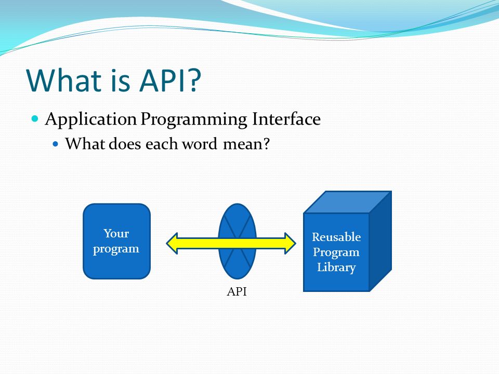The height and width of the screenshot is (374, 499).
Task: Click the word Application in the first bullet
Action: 91,119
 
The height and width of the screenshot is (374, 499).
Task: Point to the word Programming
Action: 194,120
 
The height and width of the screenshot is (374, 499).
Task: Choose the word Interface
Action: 286,119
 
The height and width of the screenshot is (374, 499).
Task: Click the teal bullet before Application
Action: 35,119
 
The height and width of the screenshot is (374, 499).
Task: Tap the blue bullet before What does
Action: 56,144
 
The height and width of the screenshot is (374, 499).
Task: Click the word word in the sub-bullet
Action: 200,144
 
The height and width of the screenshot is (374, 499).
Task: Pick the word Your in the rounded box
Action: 116,233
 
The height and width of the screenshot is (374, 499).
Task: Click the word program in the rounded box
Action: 116,249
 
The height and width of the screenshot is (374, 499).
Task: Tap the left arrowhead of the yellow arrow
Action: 172,243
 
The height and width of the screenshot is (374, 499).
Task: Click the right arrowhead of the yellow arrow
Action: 290,243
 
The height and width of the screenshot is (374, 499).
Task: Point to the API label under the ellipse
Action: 237,291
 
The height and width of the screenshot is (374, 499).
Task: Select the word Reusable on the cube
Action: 336,237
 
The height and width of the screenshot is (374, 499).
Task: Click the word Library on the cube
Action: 336,267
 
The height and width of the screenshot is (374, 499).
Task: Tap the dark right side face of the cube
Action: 380,241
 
